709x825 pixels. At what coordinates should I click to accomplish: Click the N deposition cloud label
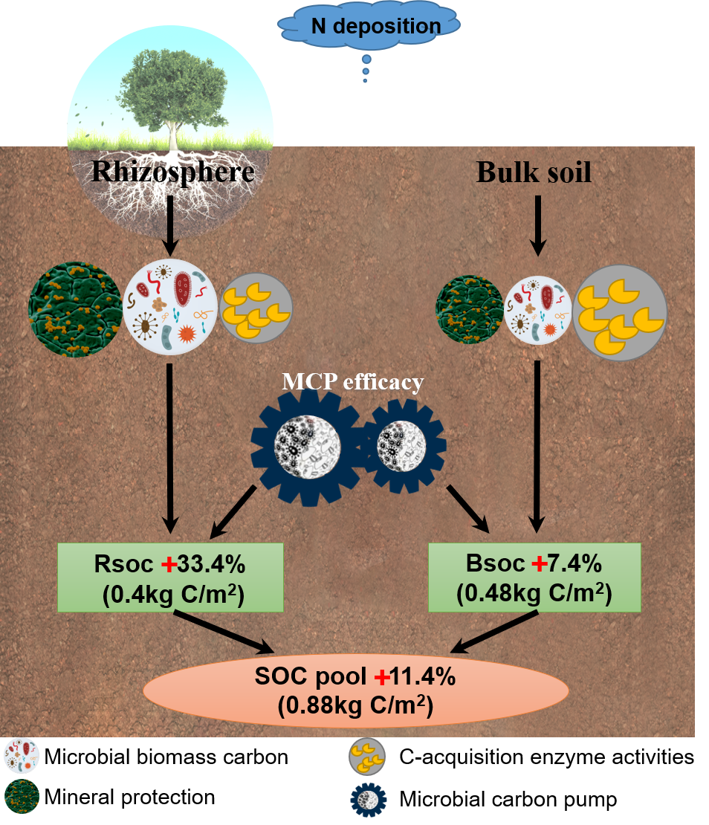coord(375,27)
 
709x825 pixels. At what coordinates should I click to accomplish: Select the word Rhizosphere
coord(172,171)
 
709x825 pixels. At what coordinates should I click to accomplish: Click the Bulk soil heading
coord(534,172)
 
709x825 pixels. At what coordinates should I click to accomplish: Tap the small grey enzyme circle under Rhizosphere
coord(257,308)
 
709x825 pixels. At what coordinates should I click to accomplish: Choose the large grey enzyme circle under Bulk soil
coord(620,312)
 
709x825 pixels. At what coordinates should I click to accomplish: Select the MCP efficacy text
coord(352,382)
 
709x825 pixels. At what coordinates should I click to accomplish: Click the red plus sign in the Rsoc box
coord(169,565)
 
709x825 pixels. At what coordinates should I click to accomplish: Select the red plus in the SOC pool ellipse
coord(382,677)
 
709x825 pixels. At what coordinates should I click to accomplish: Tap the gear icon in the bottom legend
coord(366,798)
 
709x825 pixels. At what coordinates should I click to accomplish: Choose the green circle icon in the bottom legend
coord(22,795)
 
